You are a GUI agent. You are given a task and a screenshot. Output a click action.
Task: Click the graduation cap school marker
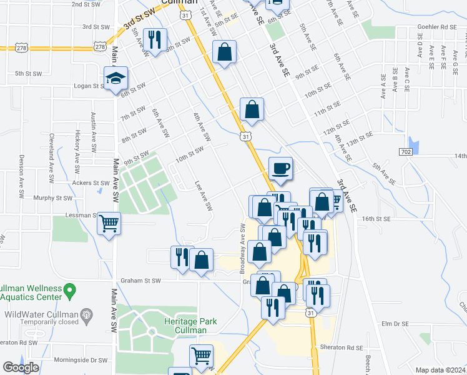(x=116, y=79)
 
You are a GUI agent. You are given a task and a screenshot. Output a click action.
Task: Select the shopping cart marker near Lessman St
(x=109, y=223)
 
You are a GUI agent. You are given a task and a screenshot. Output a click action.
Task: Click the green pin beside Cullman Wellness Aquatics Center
(x=70, y=290)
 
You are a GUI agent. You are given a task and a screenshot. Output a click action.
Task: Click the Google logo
(x=21, y=367)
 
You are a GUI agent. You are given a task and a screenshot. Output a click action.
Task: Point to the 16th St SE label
(x=375, y=219)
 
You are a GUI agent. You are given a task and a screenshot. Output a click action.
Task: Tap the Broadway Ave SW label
(x=242, y=248)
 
